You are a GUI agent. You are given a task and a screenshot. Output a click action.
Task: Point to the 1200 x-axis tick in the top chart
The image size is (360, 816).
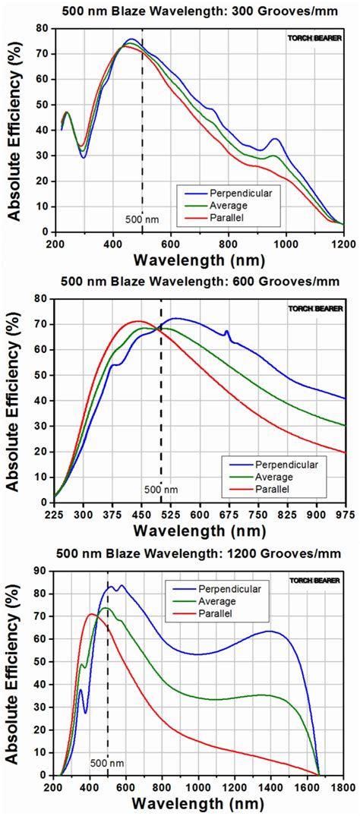click(x=343, y=244)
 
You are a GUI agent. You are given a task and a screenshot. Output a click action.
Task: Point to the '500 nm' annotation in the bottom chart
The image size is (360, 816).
click(x=107, y=761)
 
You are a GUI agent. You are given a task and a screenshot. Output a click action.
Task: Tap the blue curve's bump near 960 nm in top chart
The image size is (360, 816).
click(x=274, y=140)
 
